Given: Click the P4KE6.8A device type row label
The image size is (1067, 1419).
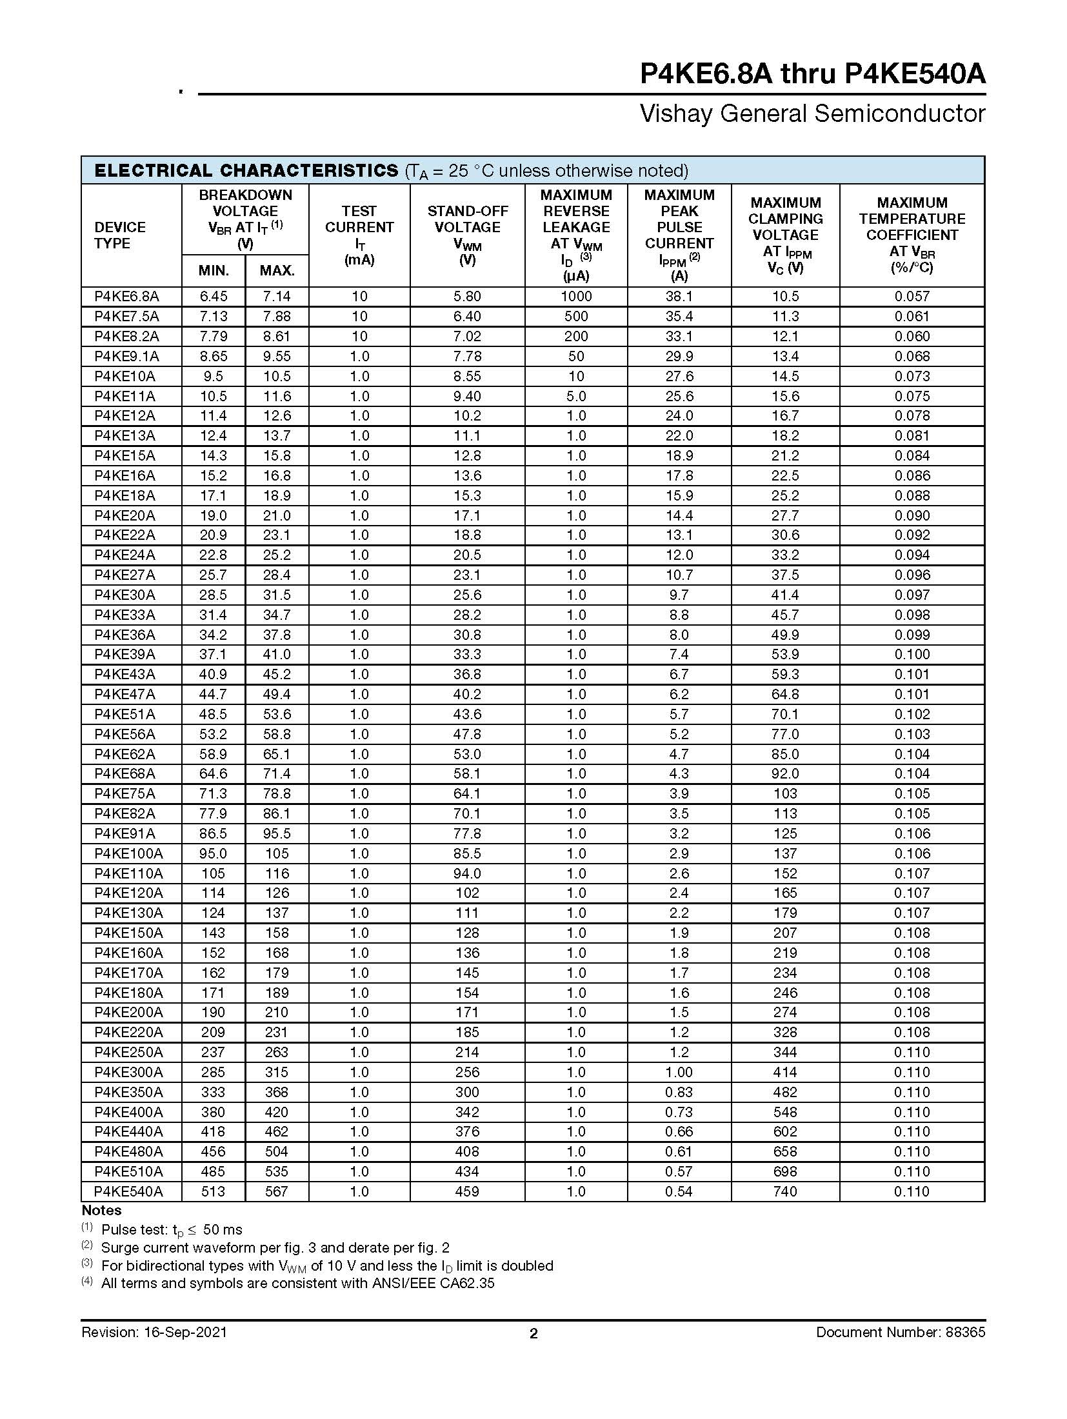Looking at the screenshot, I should [x=126, y=296].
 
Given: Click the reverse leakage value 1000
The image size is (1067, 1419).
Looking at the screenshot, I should [x=576, y=296].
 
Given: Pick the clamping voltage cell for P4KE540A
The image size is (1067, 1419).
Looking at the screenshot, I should [x=785, y=1191].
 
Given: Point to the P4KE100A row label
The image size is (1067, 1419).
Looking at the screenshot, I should [x=128, y=853].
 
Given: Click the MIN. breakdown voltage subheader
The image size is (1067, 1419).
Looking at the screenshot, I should [x=214, y=271].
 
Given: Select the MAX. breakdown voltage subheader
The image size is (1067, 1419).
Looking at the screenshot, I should [x=277, y=271].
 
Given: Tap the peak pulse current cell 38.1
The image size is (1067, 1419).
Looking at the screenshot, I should [x=679, y=296].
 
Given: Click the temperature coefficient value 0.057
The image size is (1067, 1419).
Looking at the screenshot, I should [x=912, y=296].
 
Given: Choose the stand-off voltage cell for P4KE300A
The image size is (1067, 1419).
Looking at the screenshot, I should [x=467, y=1072].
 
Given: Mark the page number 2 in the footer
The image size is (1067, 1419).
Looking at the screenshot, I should [x=533, y=1333].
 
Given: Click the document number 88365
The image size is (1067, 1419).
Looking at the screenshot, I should [x=966, y=1332].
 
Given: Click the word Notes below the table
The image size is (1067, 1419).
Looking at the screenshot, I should [x=102, y=1211].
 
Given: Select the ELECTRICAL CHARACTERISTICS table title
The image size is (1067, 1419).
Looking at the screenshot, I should [x=246, y=171].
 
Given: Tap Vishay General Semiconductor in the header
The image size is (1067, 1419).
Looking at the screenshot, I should [x=812, y=114].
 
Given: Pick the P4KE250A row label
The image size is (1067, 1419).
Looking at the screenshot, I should [x=128, y=1052].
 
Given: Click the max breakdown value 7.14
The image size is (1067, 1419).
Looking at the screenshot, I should [x=277, y=296].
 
